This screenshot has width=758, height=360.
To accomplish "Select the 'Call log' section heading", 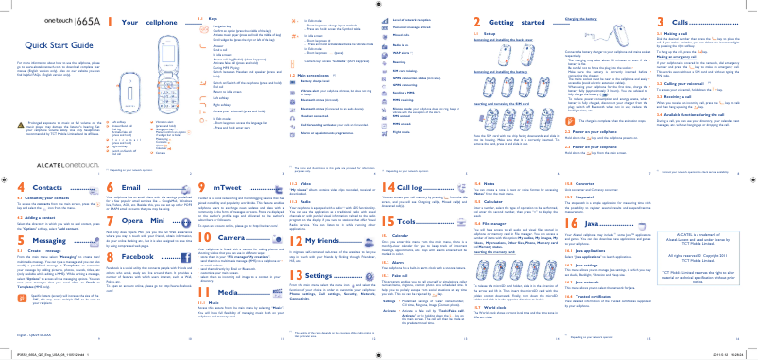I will pyautogui.click(x=424, y=188).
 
